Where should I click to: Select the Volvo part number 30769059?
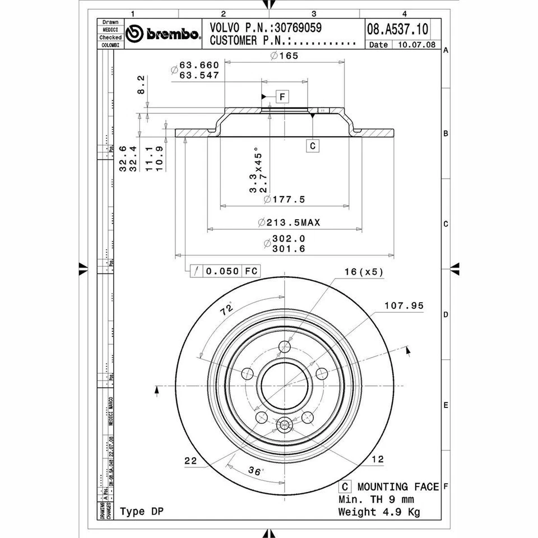pos(296,27)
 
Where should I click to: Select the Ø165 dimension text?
pos(284,55)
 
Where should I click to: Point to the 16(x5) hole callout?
pos(364,272)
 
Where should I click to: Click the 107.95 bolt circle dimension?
pos(404,306)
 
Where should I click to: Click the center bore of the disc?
pos(285,387)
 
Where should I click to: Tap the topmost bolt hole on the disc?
pos(285,345)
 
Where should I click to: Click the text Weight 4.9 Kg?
pos(379,512)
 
